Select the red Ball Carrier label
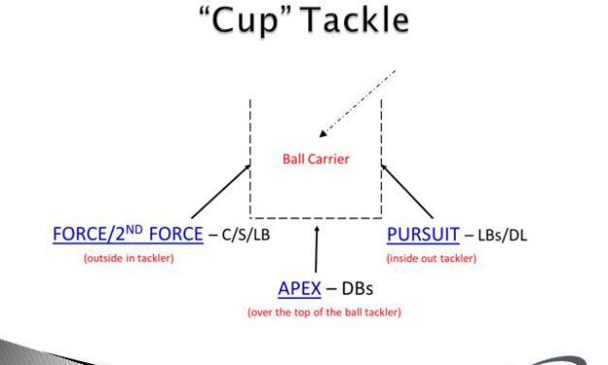315,159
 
